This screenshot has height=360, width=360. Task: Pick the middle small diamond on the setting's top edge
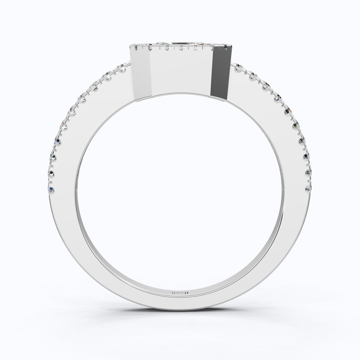[181, 49]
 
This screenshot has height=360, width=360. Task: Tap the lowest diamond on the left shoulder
[52, 190]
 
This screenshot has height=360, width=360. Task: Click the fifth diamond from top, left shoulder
[73, 112]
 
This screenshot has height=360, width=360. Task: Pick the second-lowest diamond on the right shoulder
[308, 172]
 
